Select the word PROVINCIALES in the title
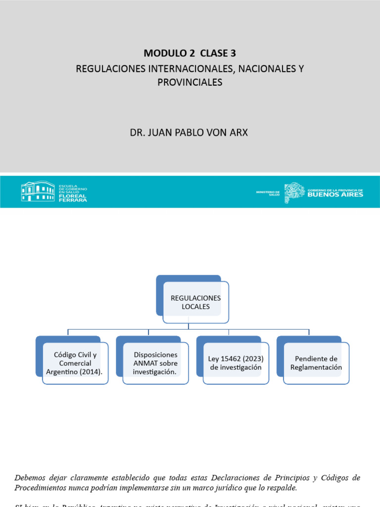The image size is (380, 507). pos(190,82)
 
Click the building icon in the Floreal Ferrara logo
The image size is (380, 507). pos(38,191)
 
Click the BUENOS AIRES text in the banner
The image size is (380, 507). pos(335,195)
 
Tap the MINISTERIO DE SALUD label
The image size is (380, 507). pos(268,193)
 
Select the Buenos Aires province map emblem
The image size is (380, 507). pos(294,191)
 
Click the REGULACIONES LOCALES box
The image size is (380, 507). pos(195,303)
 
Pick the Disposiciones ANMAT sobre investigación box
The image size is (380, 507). pos(155,363)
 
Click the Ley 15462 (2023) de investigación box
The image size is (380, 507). pos(236,363)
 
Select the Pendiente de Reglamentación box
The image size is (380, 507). pos(316,363)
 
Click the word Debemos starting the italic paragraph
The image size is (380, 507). pos(30,478)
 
